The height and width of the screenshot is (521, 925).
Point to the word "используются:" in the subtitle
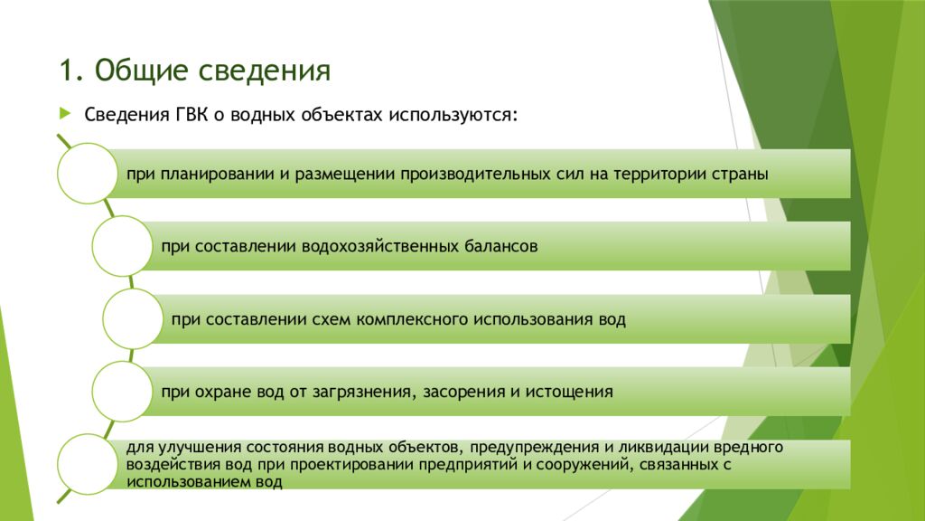tap(453, 116)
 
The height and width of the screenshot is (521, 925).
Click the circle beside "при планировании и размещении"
tap(86, 173)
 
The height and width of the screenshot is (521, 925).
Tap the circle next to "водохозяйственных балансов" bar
tap(122, 245)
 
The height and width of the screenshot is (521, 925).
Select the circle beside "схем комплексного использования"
tap(133, 318)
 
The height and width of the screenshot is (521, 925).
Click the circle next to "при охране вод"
tap(122, 392)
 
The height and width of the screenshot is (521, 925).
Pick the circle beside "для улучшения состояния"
tap(86, 464)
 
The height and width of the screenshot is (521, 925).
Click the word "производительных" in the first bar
tap(471, 174)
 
